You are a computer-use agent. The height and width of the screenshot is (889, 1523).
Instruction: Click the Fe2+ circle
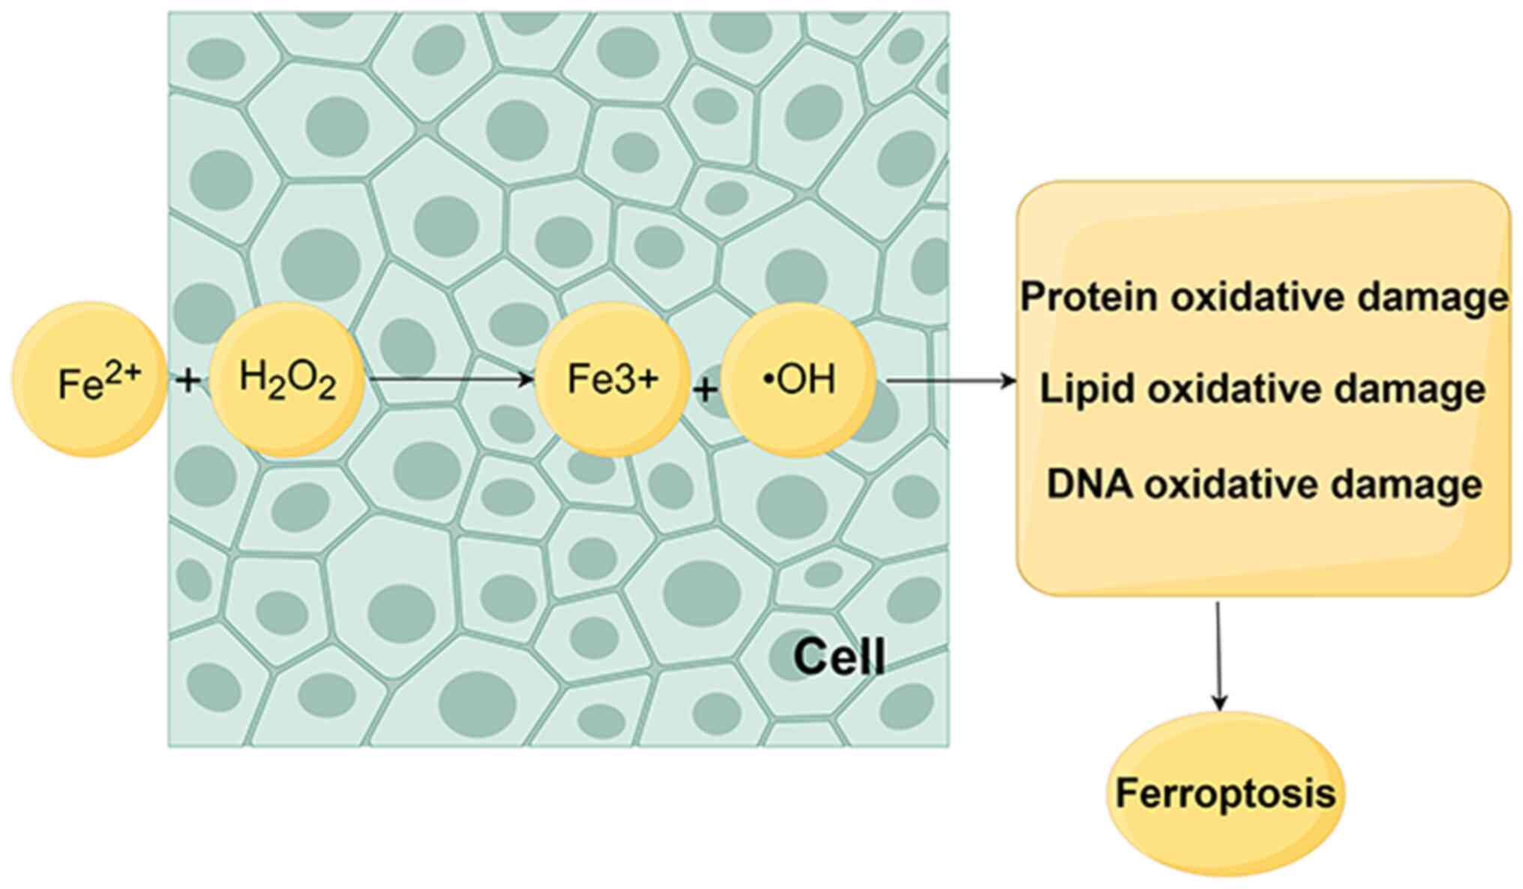tap(89, 380)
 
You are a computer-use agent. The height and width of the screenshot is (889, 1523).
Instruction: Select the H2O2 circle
tap(287, 380)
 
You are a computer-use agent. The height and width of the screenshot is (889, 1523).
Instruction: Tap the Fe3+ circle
tap(612, 380)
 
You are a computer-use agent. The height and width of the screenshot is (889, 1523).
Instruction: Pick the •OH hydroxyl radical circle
tap(799, 380)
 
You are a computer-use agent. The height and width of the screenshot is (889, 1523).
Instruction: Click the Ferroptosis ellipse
tap(1225, 794)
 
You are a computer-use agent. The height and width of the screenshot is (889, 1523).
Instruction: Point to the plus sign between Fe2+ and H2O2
tap(188, 380)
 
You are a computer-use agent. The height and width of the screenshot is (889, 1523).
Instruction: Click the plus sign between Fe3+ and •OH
tap(705, 389)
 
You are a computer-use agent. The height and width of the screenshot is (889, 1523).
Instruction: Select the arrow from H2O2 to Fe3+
tap(450, 380)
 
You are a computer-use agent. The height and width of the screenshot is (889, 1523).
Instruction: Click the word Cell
tap(839, 657)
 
